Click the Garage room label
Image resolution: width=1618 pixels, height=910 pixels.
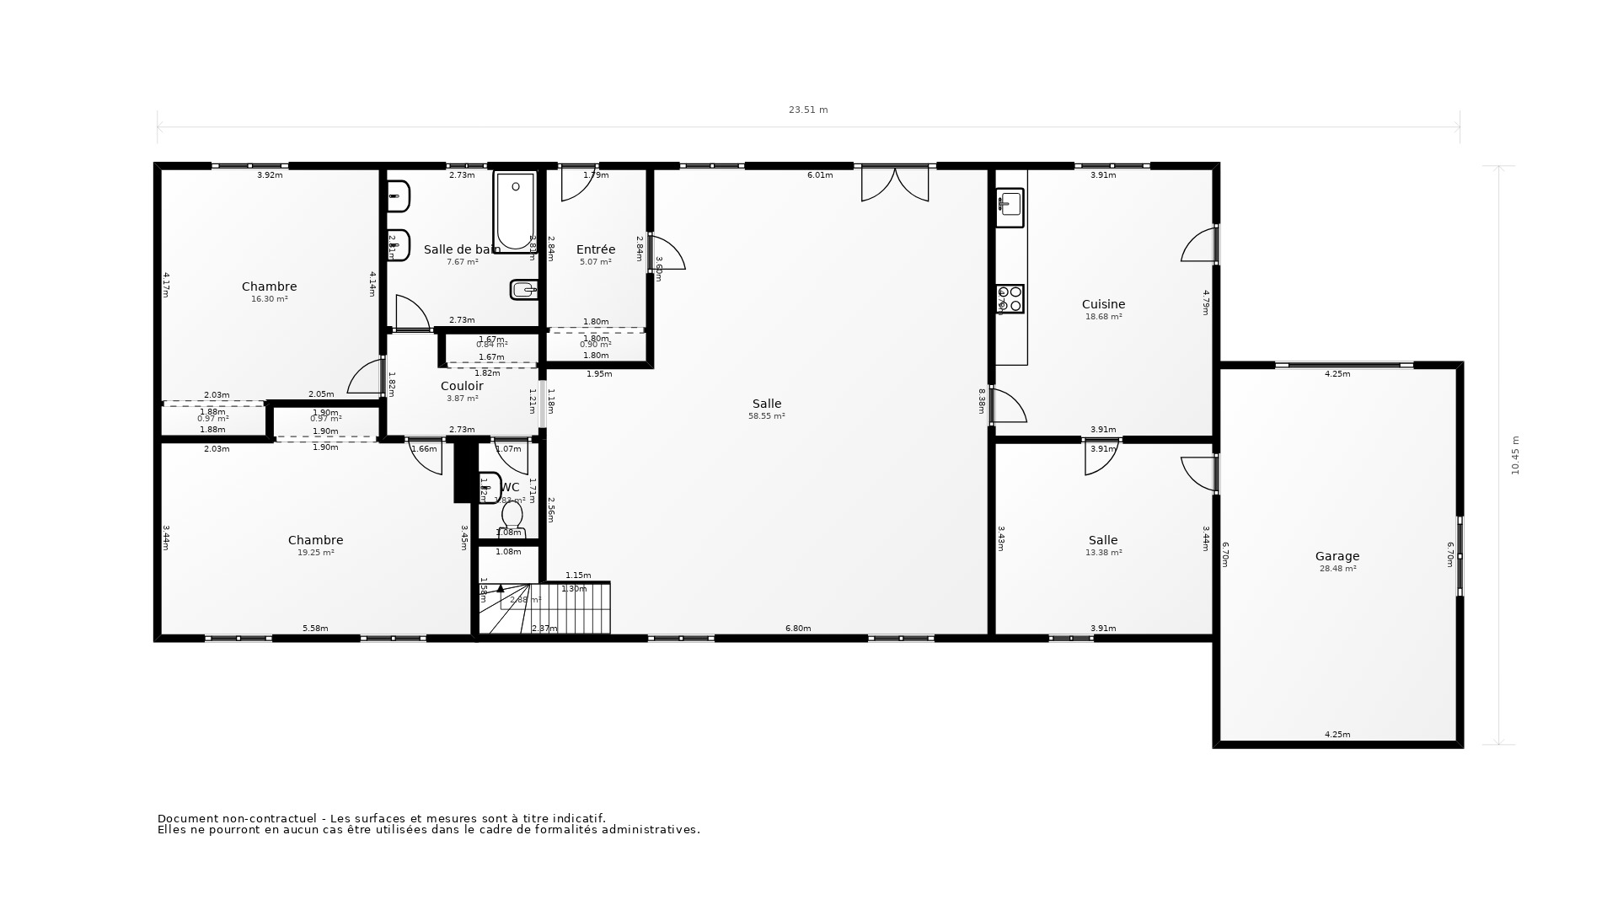pyautogui.click(x=1337, y=556)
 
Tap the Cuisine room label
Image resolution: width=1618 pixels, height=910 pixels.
pyautogui.click(x=1103, y=304)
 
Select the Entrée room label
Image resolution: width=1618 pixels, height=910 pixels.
pyautogui.click(x=595, y=249)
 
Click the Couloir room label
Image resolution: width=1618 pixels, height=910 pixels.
pyautogui.click(x=462, y=386)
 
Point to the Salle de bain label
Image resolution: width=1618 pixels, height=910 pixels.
pyautogui.click(x=462, y=249)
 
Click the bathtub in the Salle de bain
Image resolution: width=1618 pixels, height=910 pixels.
pyautogui.click(x=515, y=211)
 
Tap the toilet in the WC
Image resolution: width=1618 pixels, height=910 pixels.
pyautogui.click(x=512, y=516)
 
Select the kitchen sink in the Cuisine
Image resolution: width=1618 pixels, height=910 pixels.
pyautogui.click(x=1010, y=205)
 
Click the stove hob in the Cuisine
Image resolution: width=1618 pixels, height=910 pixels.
pyautogui.click(x=1010, y=299)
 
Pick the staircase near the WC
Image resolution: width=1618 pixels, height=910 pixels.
pyautogui.click(x=556, y=608)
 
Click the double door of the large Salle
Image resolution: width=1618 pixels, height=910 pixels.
pyautogui.click(x=894, y=184)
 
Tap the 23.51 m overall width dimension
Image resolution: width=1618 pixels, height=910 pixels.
pyautogui.click(x=808, y=110)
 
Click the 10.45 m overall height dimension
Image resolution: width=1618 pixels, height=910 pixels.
pyautogui.click(x=1515, y=455)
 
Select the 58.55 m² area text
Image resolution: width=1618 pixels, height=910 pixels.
pyautogui.click(x=766, y=416)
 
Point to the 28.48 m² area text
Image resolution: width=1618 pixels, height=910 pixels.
pyautogui.click(x=1337, y=569)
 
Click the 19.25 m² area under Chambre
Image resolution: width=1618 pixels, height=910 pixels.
pyautogui.click(x=315, y=553)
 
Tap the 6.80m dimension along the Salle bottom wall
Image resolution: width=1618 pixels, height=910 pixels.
pyautogui.click(x=797, y=629)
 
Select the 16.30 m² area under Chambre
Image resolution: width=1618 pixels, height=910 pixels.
pyautogui.click(x=269, y=299)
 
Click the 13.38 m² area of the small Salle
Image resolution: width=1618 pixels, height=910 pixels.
pyautogui.click(x=1102, y=553)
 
